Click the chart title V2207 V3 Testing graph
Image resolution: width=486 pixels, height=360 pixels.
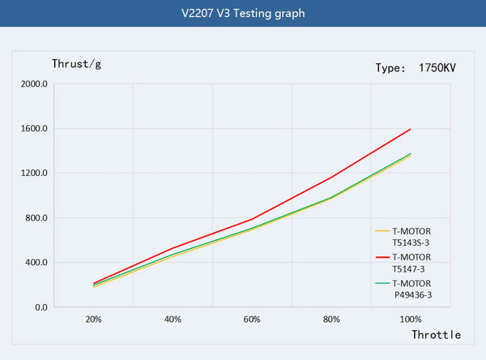coord(243,14)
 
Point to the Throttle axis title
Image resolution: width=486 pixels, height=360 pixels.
coord(436,334)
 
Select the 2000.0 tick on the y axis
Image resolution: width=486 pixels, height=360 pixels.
coord(36,84)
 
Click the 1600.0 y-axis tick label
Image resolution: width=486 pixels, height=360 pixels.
coord(36,128)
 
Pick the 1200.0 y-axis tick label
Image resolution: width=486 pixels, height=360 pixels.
coord(36,173)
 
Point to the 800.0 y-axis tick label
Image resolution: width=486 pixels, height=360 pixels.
coord(38,218)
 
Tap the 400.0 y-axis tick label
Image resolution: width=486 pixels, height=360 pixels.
coord(38,263)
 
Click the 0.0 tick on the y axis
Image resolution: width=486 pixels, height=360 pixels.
coord(41,307)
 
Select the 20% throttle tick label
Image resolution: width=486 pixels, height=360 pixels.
coord(93,320)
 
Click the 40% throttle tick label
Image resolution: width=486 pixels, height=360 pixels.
coord(173,320)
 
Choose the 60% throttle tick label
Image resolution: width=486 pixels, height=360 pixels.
coord(252,320)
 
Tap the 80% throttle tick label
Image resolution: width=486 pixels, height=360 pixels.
coord(331,320)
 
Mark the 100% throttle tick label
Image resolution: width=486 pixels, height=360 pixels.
coord(411,320)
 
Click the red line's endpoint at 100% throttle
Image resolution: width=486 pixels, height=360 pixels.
coord(411,129)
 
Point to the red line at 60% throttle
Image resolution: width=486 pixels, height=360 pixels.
coord(252,219)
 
